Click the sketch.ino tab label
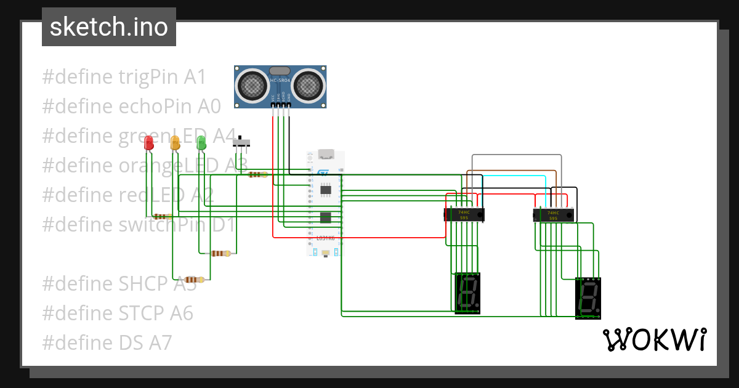click(x=109, y=27)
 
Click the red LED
click(x=148, y=143)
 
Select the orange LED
click(x=175, y=143)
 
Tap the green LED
click(x=201, y=143)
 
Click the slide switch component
click(x=241, y=143)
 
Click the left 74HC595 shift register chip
click(x=464, y=214)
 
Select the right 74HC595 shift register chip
click(x=553, y=215)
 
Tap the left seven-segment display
click(x=467, y=293)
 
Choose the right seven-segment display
click(x=588, y=297)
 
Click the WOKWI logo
click(x=654, y=339)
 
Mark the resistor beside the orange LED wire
click(x=220, y=253)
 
